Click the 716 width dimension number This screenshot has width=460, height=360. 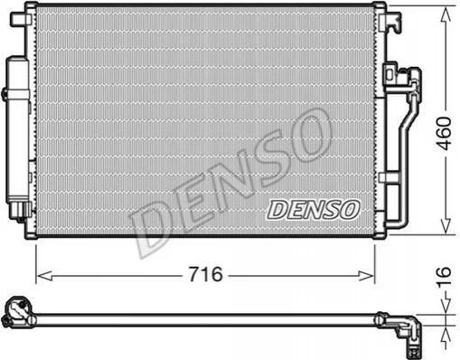(x=205, y=274)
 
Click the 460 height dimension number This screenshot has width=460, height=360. (x=445, y=134)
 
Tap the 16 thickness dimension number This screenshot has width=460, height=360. (x=445, y=277)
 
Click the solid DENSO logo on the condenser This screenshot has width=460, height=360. (x=313, y=210)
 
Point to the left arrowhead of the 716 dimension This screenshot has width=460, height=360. (x=44, y=276)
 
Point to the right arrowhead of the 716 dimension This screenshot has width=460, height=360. (x=366, y=276)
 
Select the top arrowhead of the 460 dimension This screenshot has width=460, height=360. (x=446, y=15)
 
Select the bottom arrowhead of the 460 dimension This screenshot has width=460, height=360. (x=446, y=226)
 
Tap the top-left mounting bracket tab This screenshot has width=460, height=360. (x=19, y=19)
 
